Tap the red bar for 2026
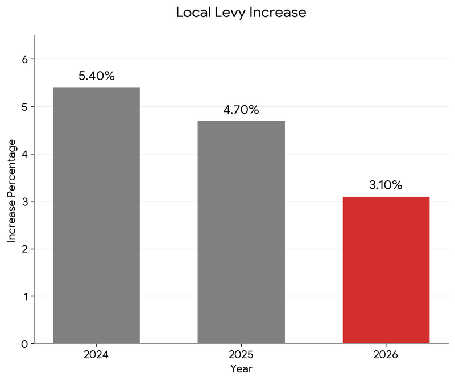coord(386,270)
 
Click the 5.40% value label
coord(97,76)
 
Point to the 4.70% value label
coord(241,110)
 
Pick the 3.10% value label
coord(386,185)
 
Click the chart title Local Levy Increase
coord(241,13)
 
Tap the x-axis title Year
coord(241,368)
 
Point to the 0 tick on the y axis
coord(24,344)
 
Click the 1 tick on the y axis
coord(24,296)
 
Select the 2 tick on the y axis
coord(24,249)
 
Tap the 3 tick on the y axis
coord(24,201)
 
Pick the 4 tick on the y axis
coord(24,154)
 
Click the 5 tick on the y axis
coord(24,106)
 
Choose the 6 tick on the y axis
coord(24,59)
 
